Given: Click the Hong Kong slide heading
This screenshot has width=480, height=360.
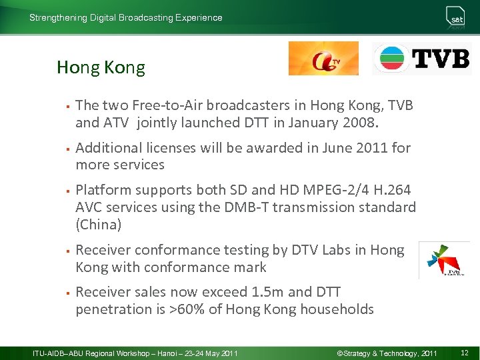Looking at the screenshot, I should [x=101, y=67].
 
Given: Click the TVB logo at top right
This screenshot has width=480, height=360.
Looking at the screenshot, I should [x=421, y=59].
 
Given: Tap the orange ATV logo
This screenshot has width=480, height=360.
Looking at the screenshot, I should [x=323, y=59].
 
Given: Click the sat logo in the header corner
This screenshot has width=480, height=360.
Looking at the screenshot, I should [x=457, y=17].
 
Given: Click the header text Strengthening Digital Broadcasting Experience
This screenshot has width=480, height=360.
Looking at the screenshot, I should [x=126, y=18].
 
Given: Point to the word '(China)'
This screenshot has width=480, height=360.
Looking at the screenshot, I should [x=99, y=225].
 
